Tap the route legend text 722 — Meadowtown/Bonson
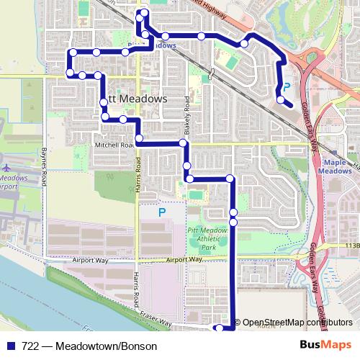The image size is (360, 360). click(x=89, y=346)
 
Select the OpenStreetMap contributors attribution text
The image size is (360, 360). click(x=297, y=323)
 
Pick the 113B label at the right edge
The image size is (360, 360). click(x=351, y=245)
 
